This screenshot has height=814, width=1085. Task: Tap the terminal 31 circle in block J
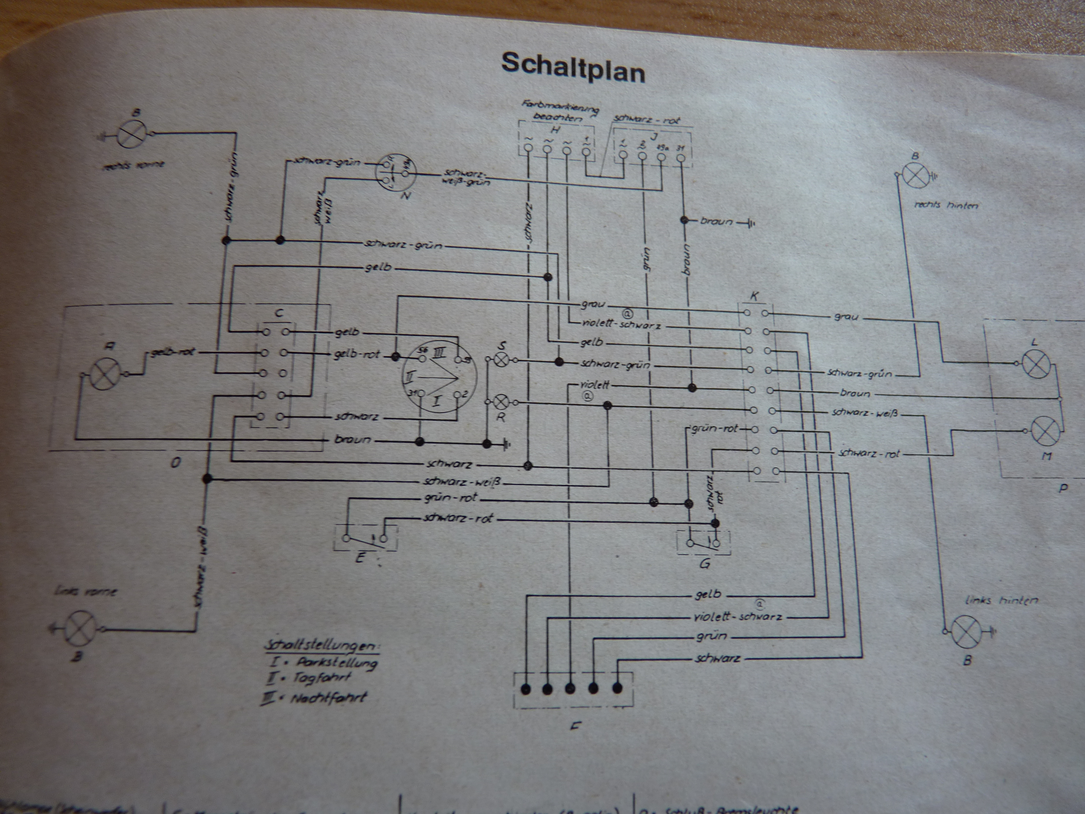tap(681, 157)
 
